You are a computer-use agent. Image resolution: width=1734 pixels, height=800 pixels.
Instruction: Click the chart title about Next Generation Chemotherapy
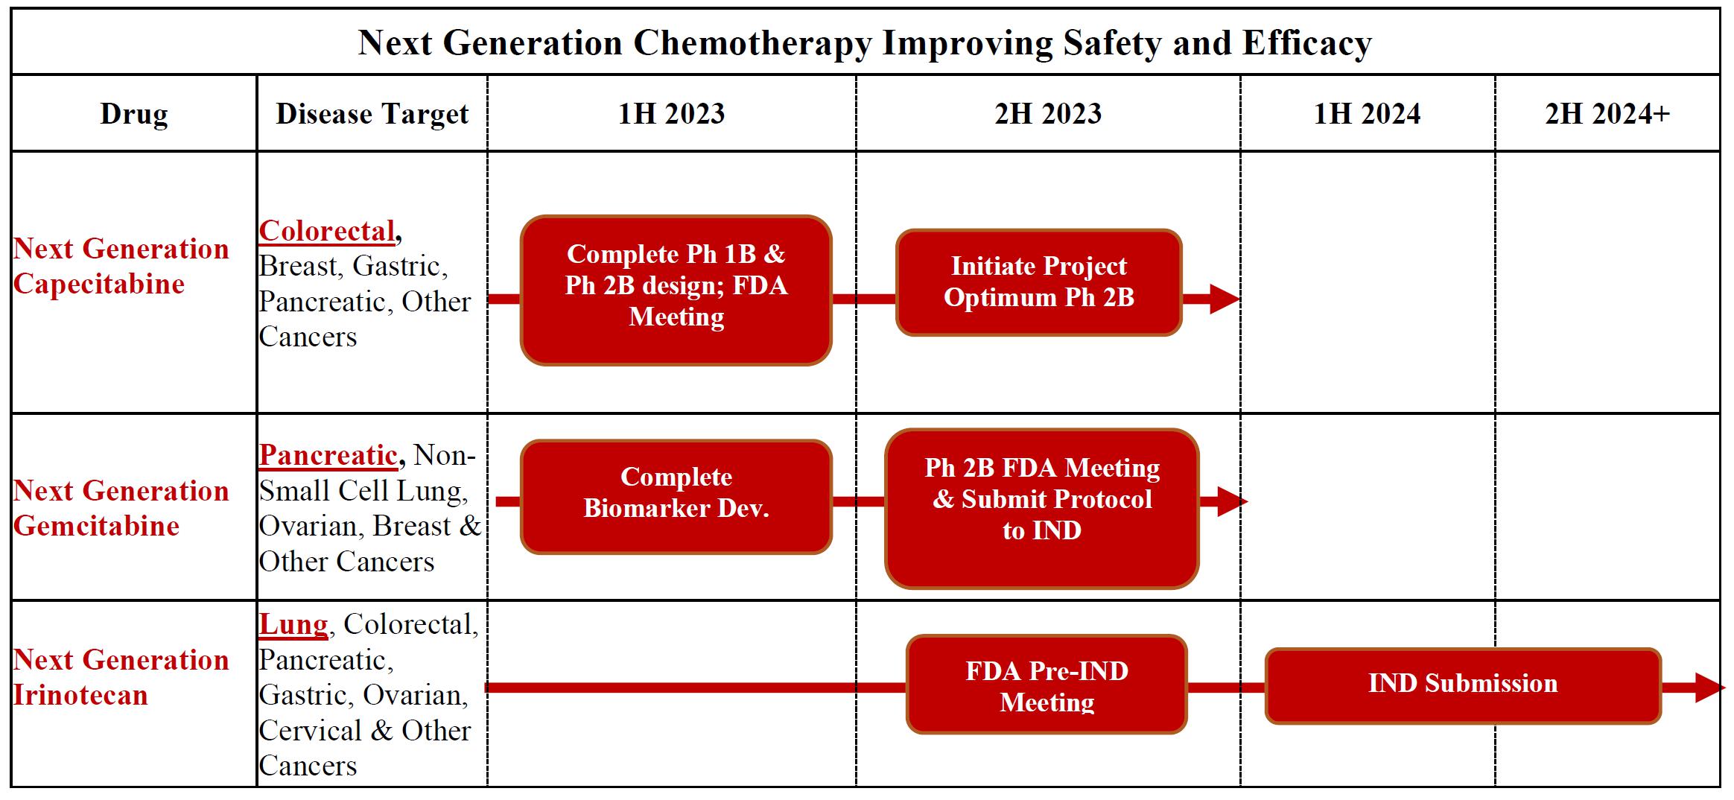[x=865, y=42]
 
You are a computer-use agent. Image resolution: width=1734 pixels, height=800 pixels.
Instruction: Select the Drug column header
[x=134, y=114]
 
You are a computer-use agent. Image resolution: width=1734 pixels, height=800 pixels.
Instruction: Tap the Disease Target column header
[x=372, y=114]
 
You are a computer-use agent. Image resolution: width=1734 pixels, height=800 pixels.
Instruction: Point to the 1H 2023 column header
[x=671, y=114]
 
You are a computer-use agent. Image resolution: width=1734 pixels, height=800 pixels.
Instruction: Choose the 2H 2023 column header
[x=1048, y=114]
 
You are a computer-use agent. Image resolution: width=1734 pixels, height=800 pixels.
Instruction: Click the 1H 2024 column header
[x=1367, y=114]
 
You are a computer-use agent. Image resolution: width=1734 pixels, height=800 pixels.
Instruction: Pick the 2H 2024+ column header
[x=1607, y=114]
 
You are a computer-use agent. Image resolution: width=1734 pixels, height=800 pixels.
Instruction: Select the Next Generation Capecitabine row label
[x=121, y=266]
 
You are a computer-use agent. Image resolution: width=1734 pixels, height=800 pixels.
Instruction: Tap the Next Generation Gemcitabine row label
[x=121, y=508]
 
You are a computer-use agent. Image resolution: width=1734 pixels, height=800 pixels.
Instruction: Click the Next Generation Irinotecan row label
[x=121, y=677]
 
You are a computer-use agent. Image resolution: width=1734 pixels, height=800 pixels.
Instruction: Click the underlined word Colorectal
[x=327, y=231]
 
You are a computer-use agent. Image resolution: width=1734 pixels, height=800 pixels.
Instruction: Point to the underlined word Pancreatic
[x=328, y=455]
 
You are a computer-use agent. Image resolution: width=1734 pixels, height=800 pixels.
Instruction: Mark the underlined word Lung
[x=293, y=624]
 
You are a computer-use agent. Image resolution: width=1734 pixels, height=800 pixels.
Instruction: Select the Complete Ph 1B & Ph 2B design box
[x=676, y=291]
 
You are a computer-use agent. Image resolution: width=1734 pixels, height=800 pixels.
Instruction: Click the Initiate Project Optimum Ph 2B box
[x=1039, y=282]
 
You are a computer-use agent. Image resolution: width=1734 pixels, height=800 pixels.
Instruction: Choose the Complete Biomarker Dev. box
[x=676, y=497]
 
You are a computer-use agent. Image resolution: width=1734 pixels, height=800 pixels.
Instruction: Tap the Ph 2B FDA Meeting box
[x=1042, y=509]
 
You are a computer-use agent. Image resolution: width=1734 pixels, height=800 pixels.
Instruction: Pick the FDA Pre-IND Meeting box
[x=1047, y=685]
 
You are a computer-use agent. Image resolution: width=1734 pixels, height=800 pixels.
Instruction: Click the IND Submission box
[x=1463, y=686]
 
